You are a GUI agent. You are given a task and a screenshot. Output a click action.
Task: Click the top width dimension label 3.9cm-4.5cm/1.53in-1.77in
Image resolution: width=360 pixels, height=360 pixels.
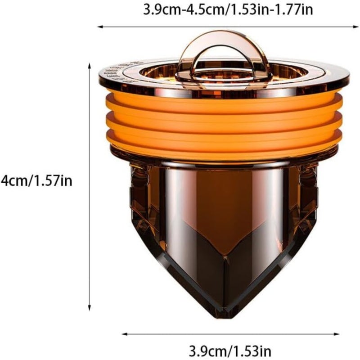[x=228, y=9]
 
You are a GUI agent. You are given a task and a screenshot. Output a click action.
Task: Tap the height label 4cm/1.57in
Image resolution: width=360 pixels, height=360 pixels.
[x=36, y=181]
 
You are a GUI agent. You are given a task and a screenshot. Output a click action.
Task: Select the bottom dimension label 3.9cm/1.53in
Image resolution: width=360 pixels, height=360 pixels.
[x=230, y=351]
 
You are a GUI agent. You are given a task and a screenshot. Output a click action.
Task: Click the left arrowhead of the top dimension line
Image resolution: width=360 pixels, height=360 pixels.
[x=100, y=27]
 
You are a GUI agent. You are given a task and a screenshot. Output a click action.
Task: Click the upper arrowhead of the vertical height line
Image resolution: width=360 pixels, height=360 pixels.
[x=90, y=66]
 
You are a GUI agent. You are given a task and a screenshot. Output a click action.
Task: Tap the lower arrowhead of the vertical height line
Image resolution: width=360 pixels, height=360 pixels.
[x=90, y=308]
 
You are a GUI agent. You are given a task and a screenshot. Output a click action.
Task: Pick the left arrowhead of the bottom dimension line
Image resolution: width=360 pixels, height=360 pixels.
[x=125, y=334]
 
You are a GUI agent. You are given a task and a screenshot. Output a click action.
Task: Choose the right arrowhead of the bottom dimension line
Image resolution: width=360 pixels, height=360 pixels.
[x=336, y=334]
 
